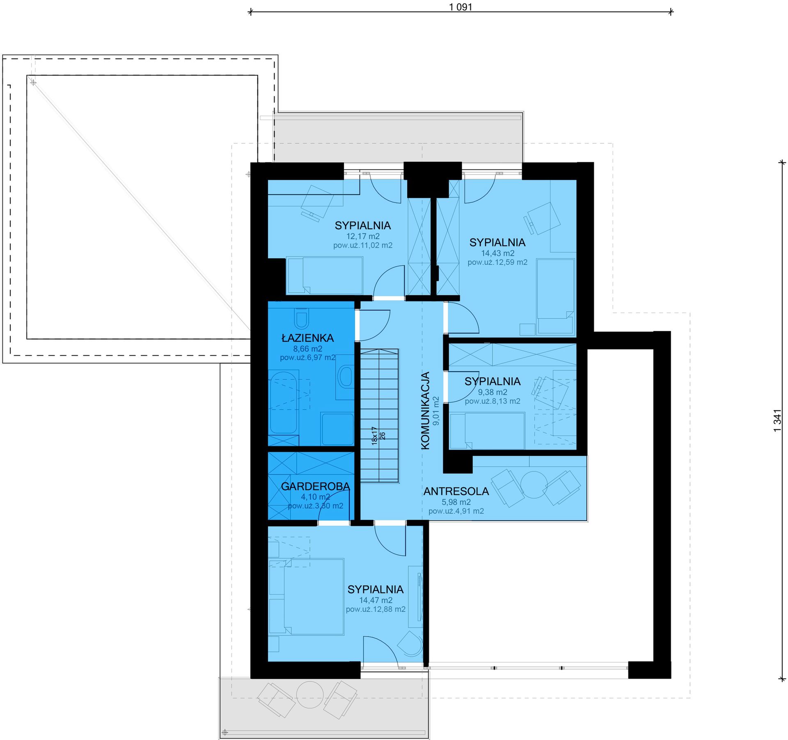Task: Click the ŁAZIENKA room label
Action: click(x=307, y=338)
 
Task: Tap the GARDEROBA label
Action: click(x=316, y=487)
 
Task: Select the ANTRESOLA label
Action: click(x=456, y=491)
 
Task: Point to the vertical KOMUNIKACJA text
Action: click(x=426, y=411)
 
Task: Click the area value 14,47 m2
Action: click(x=376, y=600)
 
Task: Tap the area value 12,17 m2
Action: click(x=363, y=236)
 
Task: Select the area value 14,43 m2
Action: click(x=498, y=253)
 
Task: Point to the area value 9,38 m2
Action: click(x=492, y=392)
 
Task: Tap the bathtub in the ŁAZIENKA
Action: click(x=284, y=402)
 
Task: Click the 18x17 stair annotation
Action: click(x=374, y=436)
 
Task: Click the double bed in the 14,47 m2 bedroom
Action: click(x=314, y=597)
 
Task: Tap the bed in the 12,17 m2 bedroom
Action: click(x=325, y=275)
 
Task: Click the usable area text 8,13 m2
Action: click(x=492, y=401)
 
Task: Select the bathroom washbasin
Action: click(x=345, y=377)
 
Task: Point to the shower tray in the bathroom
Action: click(x=337, y=429)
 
